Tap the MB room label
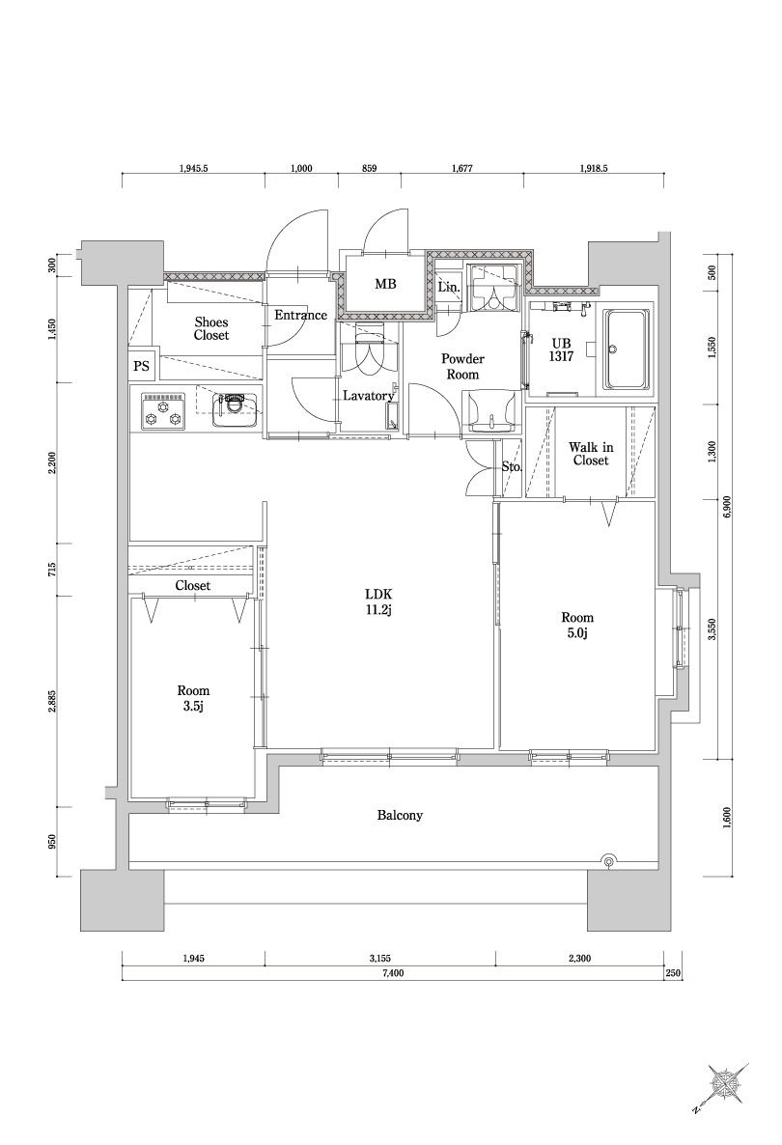click(385, 284)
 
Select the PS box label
click(142, 366)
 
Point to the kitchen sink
click(235, 410)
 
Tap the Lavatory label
click(369, 396)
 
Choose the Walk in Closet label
click(591, 454)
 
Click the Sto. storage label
click(512, 466)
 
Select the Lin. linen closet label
click(449, 288)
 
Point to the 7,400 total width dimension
click(393, 972)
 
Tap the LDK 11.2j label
click(380, 600)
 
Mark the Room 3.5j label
click(193, 697)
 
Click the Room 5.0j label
click(576, 625)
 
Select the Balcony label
click(400, 815)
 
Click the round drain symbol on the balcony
click(608, 861)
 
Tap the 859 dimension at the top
click(369, 169)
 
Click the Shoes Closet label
click(211, 328)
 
